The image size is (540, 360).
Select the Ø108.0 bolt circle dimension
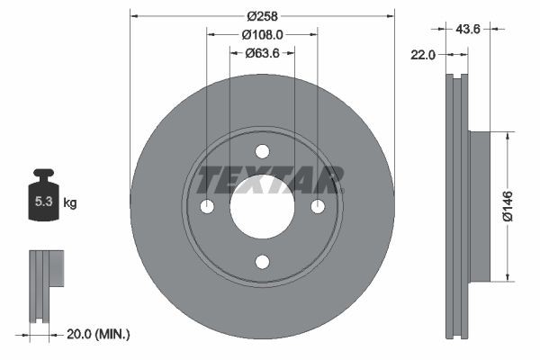click(262, 34)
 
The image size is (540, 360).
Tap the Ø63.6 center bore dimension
click(262, 54)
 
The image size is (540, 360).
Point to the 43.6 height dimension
click(468, 30)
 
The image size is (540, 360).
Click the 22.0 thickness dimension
click(422, 55)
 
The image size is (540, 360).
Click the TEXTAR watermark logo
click(270, 179)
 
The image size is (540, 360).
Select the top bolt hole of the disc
click(262, 151)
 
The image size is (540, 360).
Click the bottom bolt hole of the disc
click(262, 262)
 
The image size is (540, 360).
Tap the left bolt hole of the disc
click(207, 207)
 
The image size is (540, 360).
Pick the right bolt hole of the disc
click(318, 207)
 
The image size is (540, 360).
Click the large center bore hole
click(262, 207)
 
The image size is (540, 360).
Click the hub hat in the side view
click(479, 205)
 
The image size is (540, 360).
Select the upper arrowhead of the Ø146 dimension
click(508, 136)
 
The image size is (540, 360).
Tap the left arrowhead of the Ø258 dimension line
click(134, 14)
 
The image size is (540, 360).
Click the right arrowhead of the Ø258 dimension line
click(391, 14)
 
